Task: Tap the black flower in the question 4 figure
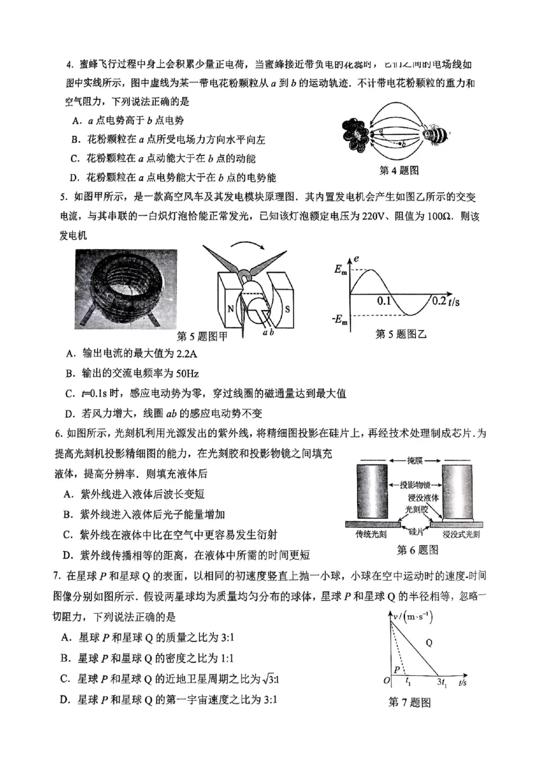click(x=357, y=135)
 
